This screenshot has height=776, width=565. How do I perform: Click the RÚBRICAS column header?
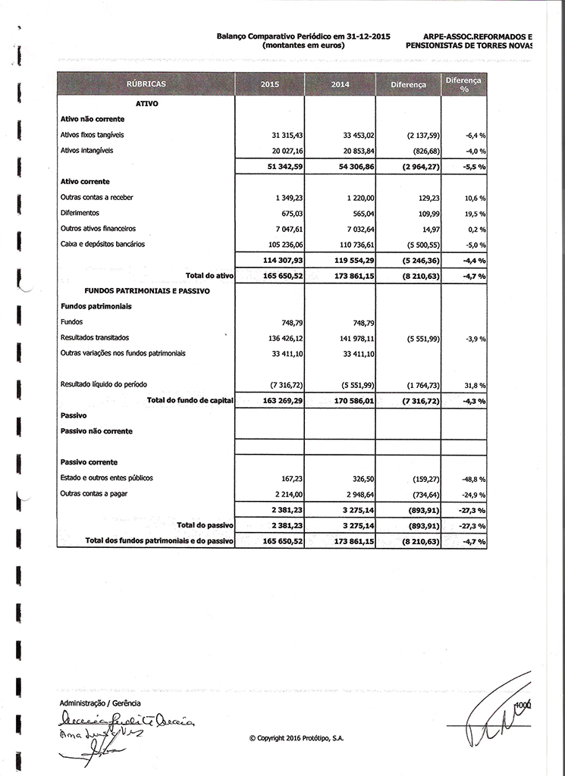(x=146, y=84)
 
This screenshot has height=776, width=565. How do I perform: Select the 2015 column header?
(x=270, y=84)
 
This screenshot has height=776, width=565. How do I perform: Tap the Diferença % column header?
(x=463, y=84)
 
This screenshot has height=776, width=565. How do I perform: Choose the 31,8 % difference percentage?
(x=475, y=385)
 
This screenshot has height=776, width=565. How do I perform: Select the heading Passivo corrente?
(x=89, y=462)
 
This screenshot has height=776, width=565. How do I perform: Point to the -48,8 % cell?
(x=473, y=479)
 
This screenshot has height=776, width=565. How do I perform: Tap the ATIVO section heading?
(x=146, y=103)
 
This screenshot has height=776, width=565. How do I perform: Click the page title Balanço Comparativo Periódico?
(x=303, y=36)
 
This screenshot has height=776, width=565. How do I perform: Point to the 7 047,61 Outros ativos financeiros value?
(x=287, y=228)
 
